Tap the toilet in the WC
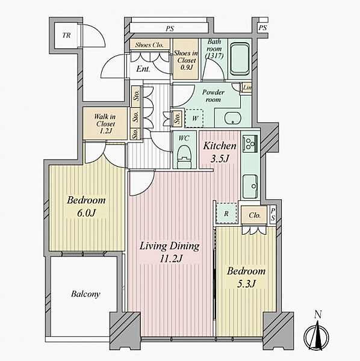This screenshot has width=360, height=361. pyautogui.click(x=184, y=156)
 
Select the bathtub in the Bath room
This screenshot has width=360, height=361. pyautogui.click(x=240, y=59)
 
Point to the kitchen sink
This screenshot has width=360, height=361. pyautogui.click(x=250, y=186)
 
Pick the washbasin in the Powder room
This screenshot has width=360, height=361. pyautogui.click(x=232, y=118)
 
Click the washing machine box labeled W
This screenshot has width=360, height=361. pyautogui.click(x=194, y=119)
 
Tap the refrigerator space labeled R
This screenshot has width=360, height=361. pyautogui.click(x=226, y=214)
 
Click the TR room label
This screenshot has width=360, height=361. pyautogui.click(x=66, y=35)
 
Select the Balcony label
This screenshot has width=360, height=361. pyautogui.click(x=85, y=294)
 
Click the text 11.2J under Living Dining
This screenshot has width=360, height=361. pyautogui.click(x=171, y=259)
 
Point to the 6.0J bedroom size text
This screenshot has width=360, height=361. pyautogui.click(x=86, y=213)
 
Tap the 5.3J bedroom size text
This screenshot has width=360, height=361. pyautogui.click(x=246, y=284)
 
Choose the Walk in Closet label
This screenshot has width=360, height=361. pyautogui.click(x=105, y=123)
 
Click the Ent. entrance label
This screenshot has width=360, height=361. pyautogui.click(x=143, y=69)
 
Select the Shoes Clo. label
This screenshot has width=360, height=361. pyautogui.click(x=149, y=45)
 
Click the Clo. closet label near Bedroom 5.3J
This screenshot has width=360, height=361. pyautogui.click(x=255, y=215)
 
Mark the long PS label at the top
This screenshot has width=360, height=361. pyautogui.click(x=170, y=28)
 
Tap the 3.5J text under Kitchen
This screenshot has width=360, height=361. pyautogui.click(x=220, y=159)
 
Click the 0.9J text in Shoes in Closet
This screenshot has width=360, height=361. pyautogui.click(x=186, y=67)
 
